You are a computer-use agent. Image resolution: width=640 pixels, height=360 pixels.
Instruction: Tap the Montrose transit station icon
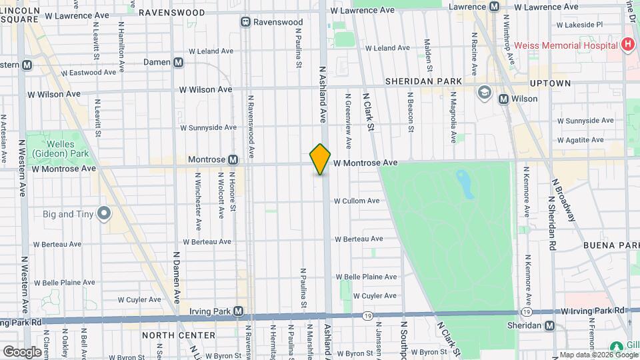[x=233, y=160]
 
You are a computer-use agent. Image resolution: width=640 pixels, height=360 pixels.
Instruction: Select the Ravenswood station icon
[x=245, y=22]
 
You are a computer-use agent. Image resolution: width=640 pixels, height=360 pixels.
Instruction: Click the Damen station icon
[x=178, y=62]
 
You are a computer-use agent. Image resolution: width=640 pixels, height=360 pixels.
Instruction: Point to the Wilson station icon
[x=504, y=99]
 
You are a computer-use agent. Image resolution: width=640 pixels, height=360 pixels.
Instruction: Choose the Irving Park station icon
[x=238, y=311]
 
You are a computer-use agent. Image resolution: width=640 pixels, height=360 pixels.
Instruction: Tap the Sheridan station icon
[x=549, y=325]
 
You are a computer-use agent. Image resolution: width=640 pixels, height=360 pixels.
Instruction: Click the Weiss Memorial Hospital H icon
[x=627, y=45]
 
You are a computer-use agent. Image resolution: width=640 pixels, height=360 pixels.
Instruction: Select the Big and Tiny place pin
[x=103, y=213]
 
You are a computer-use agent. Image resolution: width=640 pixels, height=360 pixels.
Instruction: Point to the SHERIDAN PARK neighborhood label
[x=423, y=81]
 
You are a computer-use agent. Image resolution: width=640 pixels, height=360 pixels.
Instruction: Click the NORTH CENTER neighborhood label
[x=178, y=335]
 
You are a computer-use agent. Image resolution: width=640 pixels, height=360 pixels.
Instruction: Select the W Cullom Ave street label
[x=357, y=201]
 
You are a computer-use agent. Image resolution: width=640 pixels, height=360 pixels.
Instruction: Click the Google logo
[x=22, y=351]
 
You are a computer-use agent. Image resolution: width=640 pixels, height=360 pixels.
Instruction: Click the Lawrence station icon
[x=494, y=7]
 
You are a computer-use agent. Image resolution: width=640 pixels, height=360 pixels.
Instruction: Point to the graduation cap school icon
[x=483, y=93]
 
